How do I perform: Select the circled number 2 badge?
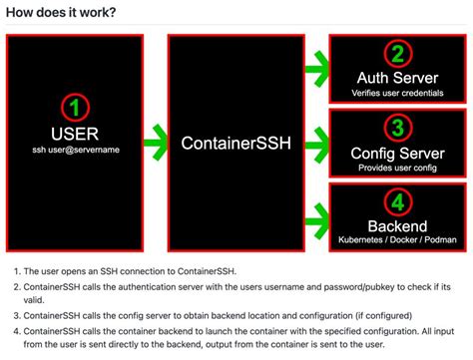click(398, 56)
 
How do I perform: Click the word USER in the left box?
click(76, 134)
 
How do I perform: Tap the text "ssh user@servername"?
click(76, 151)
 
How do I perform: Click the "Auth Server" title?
click(398, 78)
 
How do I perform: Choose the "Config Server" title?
click(398, 152)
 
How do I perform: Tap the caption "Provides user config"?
click(398, 168)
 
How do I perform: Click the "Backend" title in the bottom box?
click(398, 225)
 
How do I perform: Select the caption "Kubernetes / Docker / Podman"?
click(398, 240)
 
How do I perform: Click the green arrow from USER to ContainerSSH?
click(155, 142)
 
